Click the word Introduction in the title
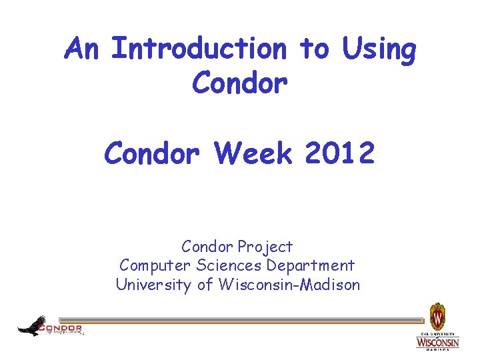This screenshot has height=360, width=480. pyautogui.click(x=199, y=49)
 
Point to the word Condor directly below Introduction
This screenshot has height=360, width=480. pyautogui.click(x=239, y=84)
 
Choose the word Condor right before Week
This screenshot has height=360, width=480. pyautogui.click(x=151, y=154)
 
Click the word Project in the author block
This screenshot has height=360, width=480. pyautogui.click(x=267, y=247)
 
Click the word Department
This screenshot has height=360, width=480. pyautogui.click(x=311, y=266)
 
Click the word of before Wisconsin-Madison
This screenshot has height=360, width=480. pyautogui.click(x=207, y=285)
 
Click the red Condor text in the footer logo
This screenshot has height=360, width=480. pyautogui.click(x=61, y=327)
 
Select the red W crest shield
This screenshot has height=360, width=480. pyautogui.click(x=437, y=314)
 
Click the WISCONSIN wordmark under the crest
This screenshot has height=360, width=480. pyautogui.click(x=437, y=342)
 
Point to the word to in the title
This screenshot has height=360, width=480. pyautogui.click(x=314, y=49)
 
